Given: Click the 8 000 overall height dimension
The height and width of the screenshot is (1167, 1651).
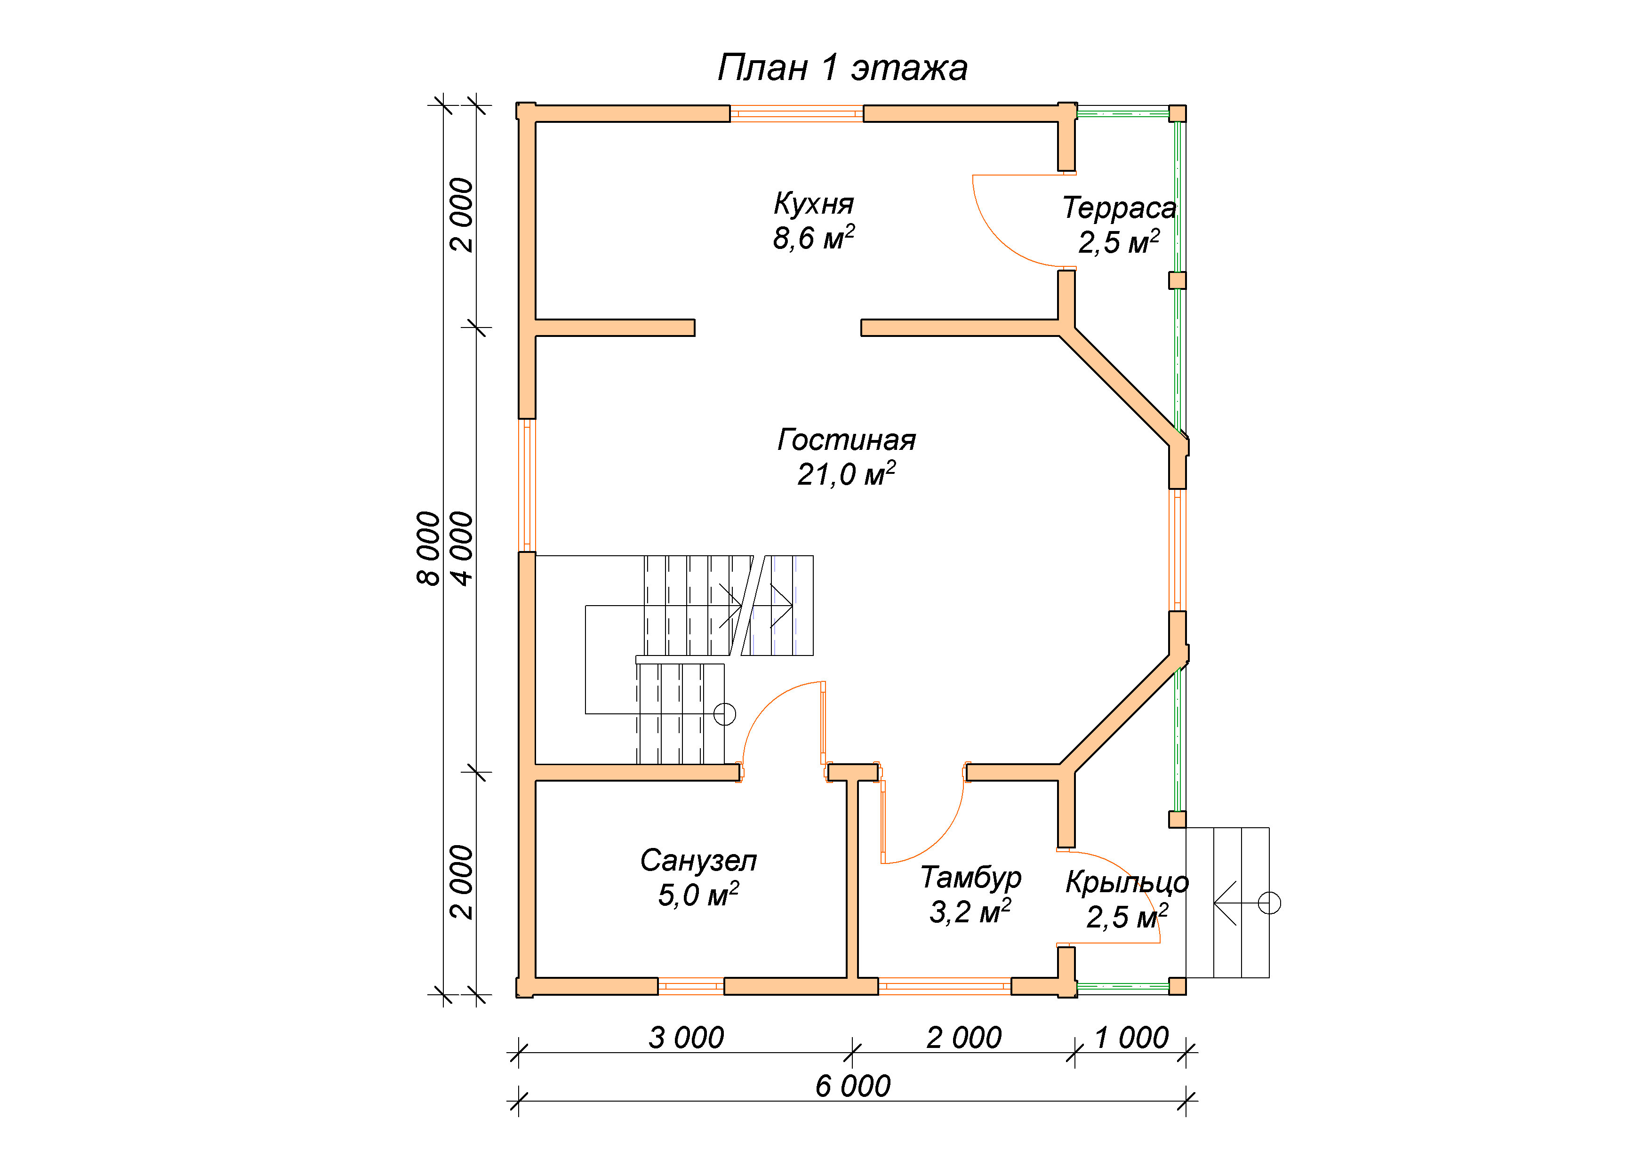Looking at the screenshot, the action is tap(429, 549).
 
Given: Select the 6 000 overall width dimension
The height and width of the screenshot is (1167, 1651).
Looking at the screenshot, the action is tap(853, 1086).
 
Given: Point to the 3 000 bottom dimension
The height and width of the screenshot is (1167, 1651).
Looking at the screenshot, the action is tap(686, 1038).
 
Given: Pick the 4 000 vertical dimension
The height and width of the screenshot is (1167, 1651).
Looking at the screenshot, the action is tap(462, 549).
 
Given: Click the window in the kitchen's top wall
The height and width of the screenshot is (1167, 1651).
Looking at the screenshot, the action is tap(797, 113).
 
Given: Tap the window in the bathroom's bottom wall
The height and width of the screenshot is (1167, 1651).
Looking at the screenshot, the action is tap(691, 986).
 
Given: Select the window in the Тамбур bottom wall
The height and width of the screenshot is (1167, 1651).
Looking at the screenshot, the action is tap(945, 986).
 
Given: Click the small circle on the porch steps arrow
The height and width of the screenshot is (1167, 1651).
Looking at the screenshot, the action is tap(1269, 903).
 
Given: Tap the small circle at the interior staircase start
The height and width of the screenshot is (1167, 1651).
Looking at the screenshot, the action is tap(724, 714).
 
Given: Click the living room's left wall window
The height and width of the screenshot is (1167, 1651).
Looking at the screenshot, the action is tap(527, 485).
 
